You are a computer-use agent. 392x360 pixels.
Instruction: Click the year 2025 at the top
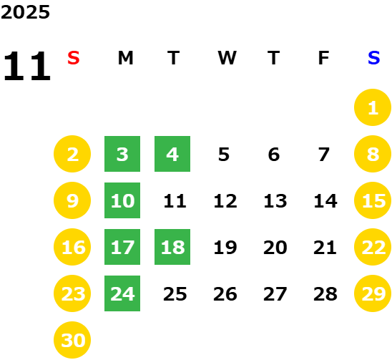coord(25,12)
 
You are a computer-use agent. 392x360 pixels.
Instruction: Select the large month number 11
coord(27,66)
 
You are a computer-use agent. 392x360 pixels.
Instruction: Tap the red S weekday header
coord(74,58)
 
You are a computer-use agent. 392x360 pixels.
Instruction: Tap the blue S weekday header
coord(373,58)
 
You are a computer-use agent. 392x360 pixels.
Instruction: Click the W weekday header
coord(227,58)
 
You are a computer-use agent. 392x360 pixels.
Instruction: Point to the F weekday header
coord(323,58)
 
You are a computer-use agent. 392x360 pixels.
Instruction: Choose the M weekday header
coord(125,58)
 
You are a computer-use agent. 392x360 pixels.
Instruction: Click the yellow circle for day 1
coord(373,107)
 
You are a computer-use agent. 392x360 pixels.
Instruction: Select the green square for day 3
coord(122,154)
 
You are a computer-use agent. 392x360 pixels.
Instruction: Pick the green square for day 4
coord(172,154)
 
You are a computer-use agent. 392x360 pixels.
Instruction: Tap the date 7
coord(323,155)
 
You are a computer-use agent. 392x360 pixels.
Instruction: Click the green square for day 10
coord(122,200)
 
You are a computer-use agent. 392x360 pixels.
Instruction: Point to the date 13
coord(275,200)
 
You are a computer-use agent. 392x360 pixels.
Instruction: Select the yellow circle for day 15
coord(373,200)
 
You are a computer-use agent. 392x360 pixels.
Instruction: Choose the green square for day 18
coord(172,247)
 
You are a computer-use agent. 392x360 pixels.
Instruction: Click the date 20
coord(275,248)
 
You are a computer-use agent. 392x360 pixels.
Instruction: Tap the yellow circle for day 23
coord(72,293)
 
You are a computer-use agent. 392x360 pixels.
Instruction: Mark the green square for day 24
coord(122,293)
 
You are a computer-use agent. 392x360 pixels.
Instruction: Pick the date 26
coord(225,294)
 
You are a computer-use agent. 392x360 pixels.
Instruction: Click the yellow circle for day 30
coord(72,340)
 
